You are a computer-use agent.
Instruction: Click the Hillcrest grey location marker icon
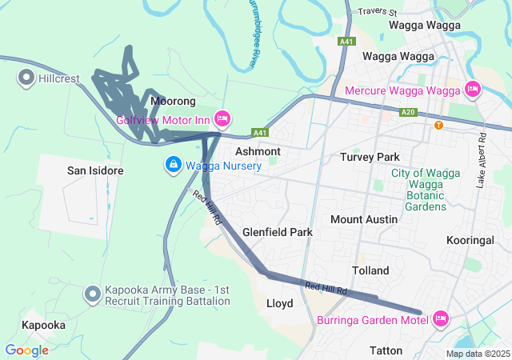point(25,78)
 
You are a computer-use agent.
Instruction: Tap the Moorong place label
point(173,102)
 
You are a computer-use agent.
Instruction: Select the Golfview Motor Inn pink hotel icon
point(222,119)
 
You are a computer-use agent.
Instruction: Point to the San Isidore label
point(94,170)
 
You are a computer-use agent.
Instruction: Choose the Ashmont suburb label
point(258,151)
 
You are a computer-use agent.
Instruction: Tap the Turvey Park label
point(369,157)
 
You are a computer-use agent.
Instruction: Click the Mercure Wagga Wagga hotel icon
point(472,90)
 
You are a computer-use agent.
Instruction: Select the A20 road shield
point(408,113)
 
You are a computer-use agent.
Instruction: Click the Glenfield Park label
point(277,232)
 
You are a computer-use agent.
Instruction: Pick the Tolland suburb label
point(370,270)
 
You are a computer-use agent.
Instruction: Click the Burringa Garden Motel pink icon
point(440,319)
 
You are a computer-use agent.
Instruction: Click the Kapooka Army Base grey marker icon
point(94,294)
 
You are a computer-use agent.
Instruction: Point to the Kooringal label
point(478,240)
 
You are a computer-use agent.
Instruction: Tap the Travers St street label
point(378,12)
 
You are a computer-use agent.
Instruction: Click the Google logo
point(26,350)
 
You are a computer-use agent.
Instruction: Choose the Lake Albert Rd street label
point(482,160)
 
